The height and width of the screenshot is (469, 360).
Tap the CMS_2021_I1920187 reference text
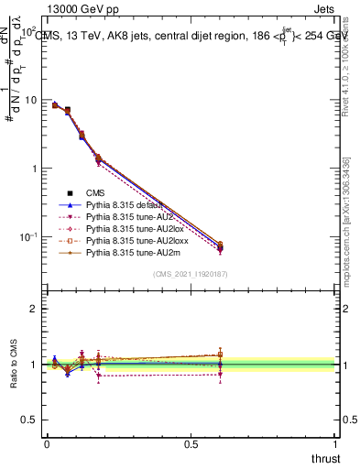tap(190, 275)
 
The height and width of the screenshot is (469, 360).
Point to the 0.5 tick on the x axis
tap(191, 444)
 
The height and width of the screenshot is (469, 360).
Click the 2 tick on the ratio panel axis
tap(36, 310)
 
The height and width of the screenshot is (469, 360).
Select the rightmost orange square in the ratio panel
tap(220, 354)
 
